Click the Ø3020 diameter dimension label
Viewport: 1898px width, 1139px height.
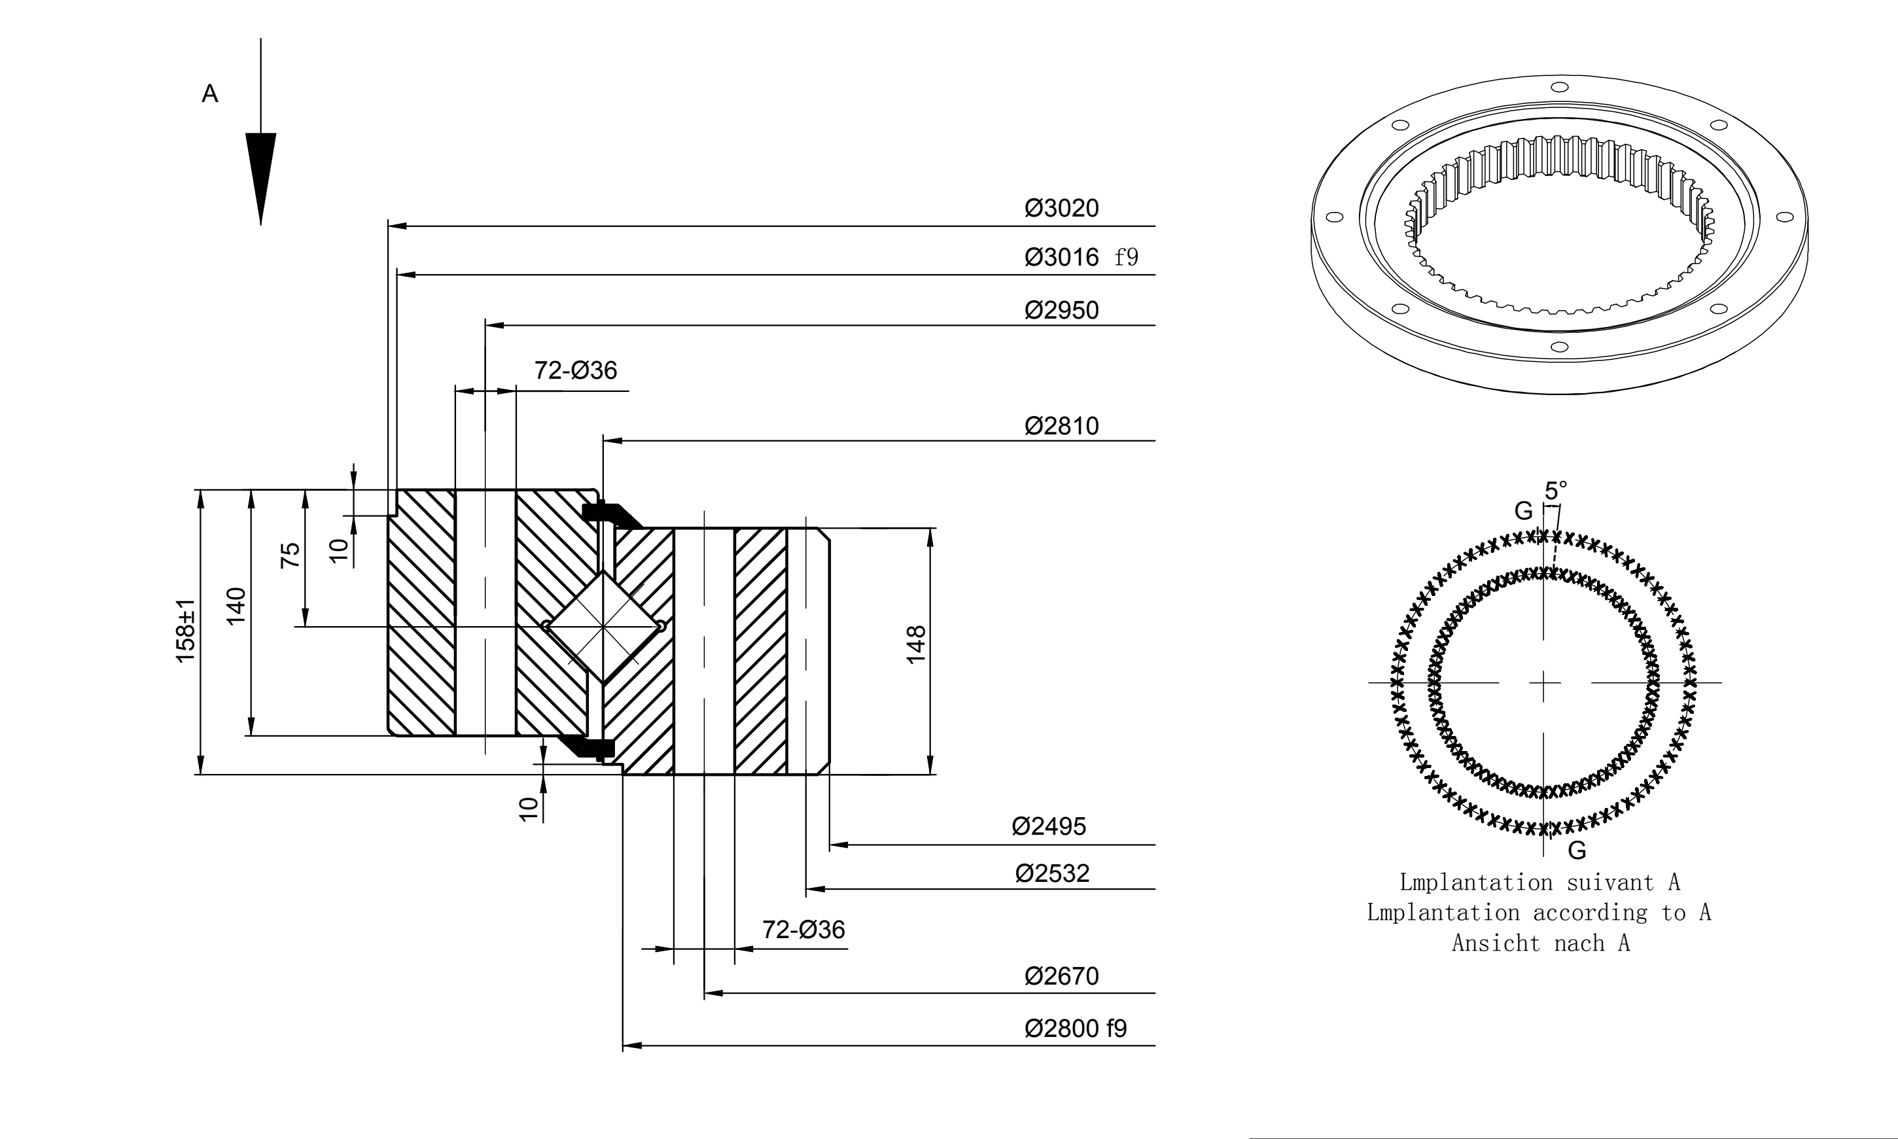click(x=1061, y=208)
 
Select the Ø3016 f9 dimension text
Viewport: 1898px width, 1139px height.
click(x=1081, y=256)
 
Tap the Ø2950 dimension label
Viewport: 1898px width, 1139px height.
click(x=1061, y=310)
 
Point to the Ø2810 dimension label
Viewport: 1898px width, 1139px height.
click(x=1061, y=426)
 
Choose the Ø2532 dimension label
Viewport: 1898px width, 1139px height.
click(x=1052, y=873)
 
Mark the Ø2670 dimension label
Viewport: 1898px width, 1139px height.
click(x=1061, y=976)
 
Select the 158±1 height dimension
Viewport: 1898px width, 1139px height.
click(x=186, y=631)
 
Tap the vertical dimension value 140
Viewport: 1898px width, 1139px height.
click(x=236, y=606)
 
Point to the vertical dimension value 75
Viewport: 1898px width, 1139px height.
click(x=291, y=555)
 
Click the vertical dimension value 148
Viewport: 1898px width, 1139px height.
click(x=917, y=644)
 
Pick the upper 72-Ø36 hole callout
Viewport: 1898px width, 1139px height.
click(x=576, y=371)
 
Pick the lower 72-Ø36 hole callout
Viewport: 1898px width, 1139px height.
click(x=803, y=930)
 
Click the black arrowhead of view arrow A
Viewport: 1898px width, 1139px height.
click(x=261, y=179)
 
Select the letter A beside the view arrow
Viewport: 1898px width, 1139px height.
click(x=209, y=94)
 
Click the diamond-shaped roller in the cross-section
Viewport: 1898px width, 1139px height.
click(x=604, y=626)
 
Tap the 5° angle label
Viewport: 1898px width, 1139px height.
click(x=1556, y=491)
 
